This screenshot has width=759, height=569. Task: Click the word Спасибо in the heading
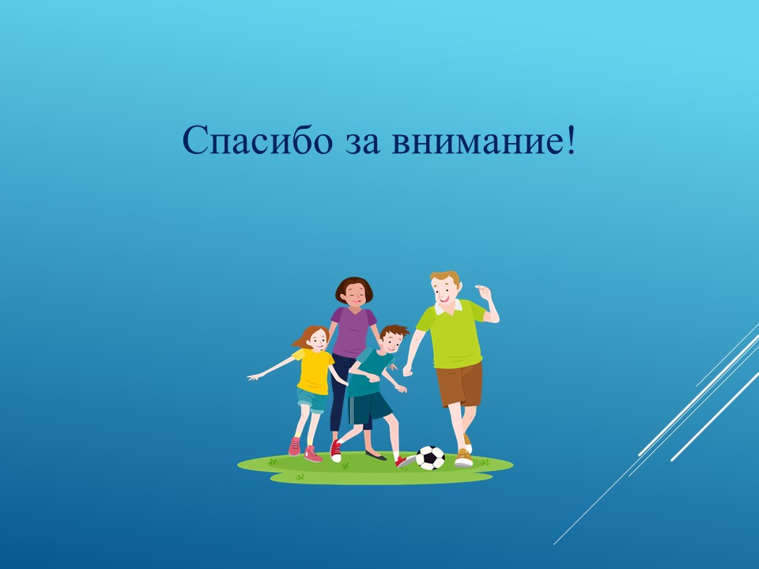258,141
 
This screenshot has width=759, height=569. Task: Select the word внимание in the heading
477,144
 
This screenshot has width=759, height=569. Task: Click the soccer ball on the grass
430,458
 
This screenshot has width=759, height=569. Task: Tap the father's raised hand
483,292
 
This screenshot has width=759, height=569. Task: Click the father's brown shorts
459,384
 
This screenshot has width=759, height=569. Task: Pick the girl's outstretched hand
253,377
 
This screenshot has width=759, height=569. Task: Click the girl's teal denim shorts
312,401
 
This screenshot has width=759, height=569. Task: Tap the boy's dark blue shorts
370,409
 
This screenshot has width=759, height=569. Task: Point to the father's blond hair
444,279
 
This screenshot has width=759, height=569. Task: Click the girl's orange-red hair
308,336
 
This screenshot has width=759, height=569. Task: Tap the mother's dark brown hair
354,286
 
